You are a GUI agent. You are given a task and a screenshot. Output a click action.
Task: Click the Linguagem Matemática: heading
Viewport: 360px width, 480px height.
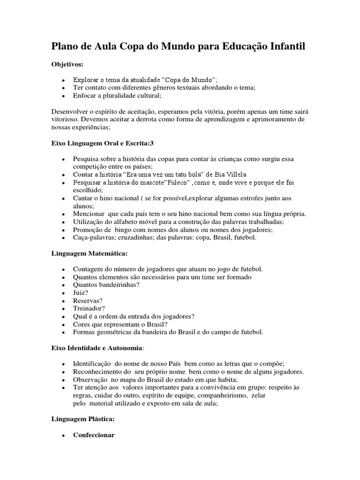coord(89,253)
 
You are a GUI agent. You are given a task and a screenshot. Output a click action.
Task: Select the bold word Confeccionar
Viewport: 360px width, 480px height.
coord(94,435)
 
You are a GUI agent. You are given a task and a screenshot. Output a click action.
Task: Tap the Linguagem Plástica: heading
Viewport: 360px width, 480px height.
coord(82,419)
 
